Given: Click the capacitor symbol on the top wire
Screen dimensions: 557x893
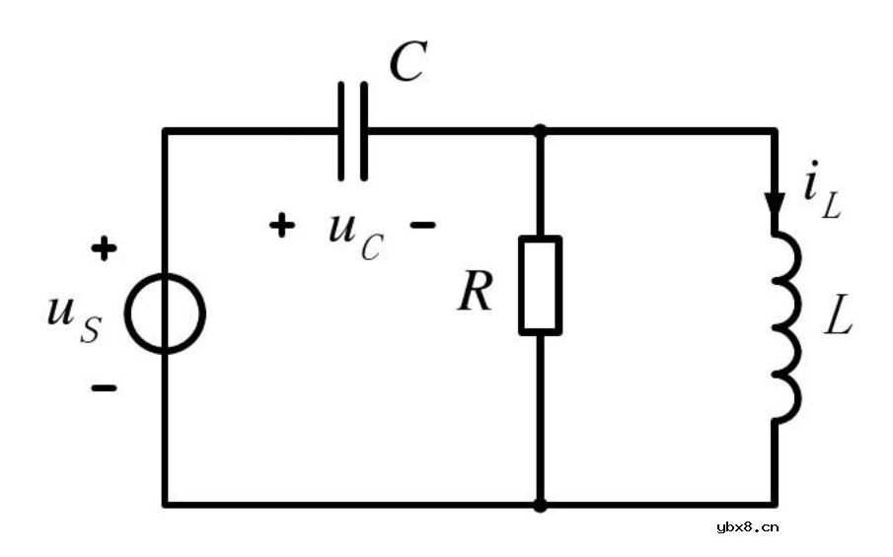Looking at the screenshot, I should [352, 131].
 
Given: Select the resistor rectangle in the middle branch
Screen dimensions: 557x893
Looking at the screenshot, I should [541, 285].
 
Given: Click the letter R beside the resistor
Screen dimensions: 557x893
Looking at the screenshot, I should [475, 294].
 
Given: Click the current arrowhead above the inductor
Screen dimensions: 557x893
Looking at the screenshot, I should [775, 202].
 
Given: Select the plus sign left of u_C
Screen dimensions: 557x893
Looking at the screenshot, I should [282, 226].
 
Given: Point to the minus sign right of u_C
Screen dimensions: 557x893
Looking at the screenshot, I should [422, 226].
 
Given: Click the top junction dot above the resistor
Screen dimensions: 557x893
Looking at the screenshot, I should [541, 130].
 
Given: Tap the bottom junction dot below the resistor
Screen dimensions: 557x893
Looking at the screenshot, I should [541, 505].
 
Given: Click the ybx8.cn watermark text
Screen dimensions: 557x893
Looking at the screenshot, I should [747, 526].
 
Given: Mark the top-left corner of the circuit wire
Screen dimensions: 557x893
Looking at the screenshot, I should [166, 130].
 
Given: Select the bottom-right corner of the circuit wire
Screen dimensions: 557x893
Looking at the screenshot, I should [775, 505].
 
